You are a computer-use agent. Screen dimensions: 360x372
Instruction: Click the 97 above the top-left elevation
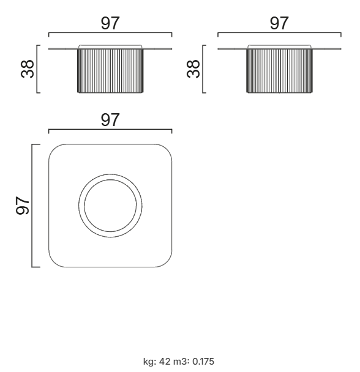(110, 23)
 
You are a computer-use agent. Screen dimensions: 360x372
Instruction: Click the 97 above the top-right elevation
(279, 23)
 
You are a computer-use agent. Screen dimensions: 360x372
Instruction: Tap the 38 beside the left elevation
(28, 69)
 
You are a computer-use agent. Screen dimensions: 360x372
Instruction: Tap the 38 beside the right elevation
(193, 69)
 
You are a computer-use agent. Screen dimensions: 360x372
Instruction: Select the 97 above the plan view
(110, 120)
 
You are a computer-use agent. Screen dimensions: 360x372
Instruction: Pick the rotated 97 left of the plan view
(22, 206)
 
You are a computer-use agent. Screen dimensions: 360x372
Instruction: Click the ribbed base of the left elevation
(110, 70)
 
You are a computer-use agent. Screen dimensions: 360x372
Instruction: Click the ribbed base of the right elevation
(280, 70)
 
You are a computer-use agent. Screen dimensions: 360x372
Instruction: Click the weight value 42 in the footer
(165, 362)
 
